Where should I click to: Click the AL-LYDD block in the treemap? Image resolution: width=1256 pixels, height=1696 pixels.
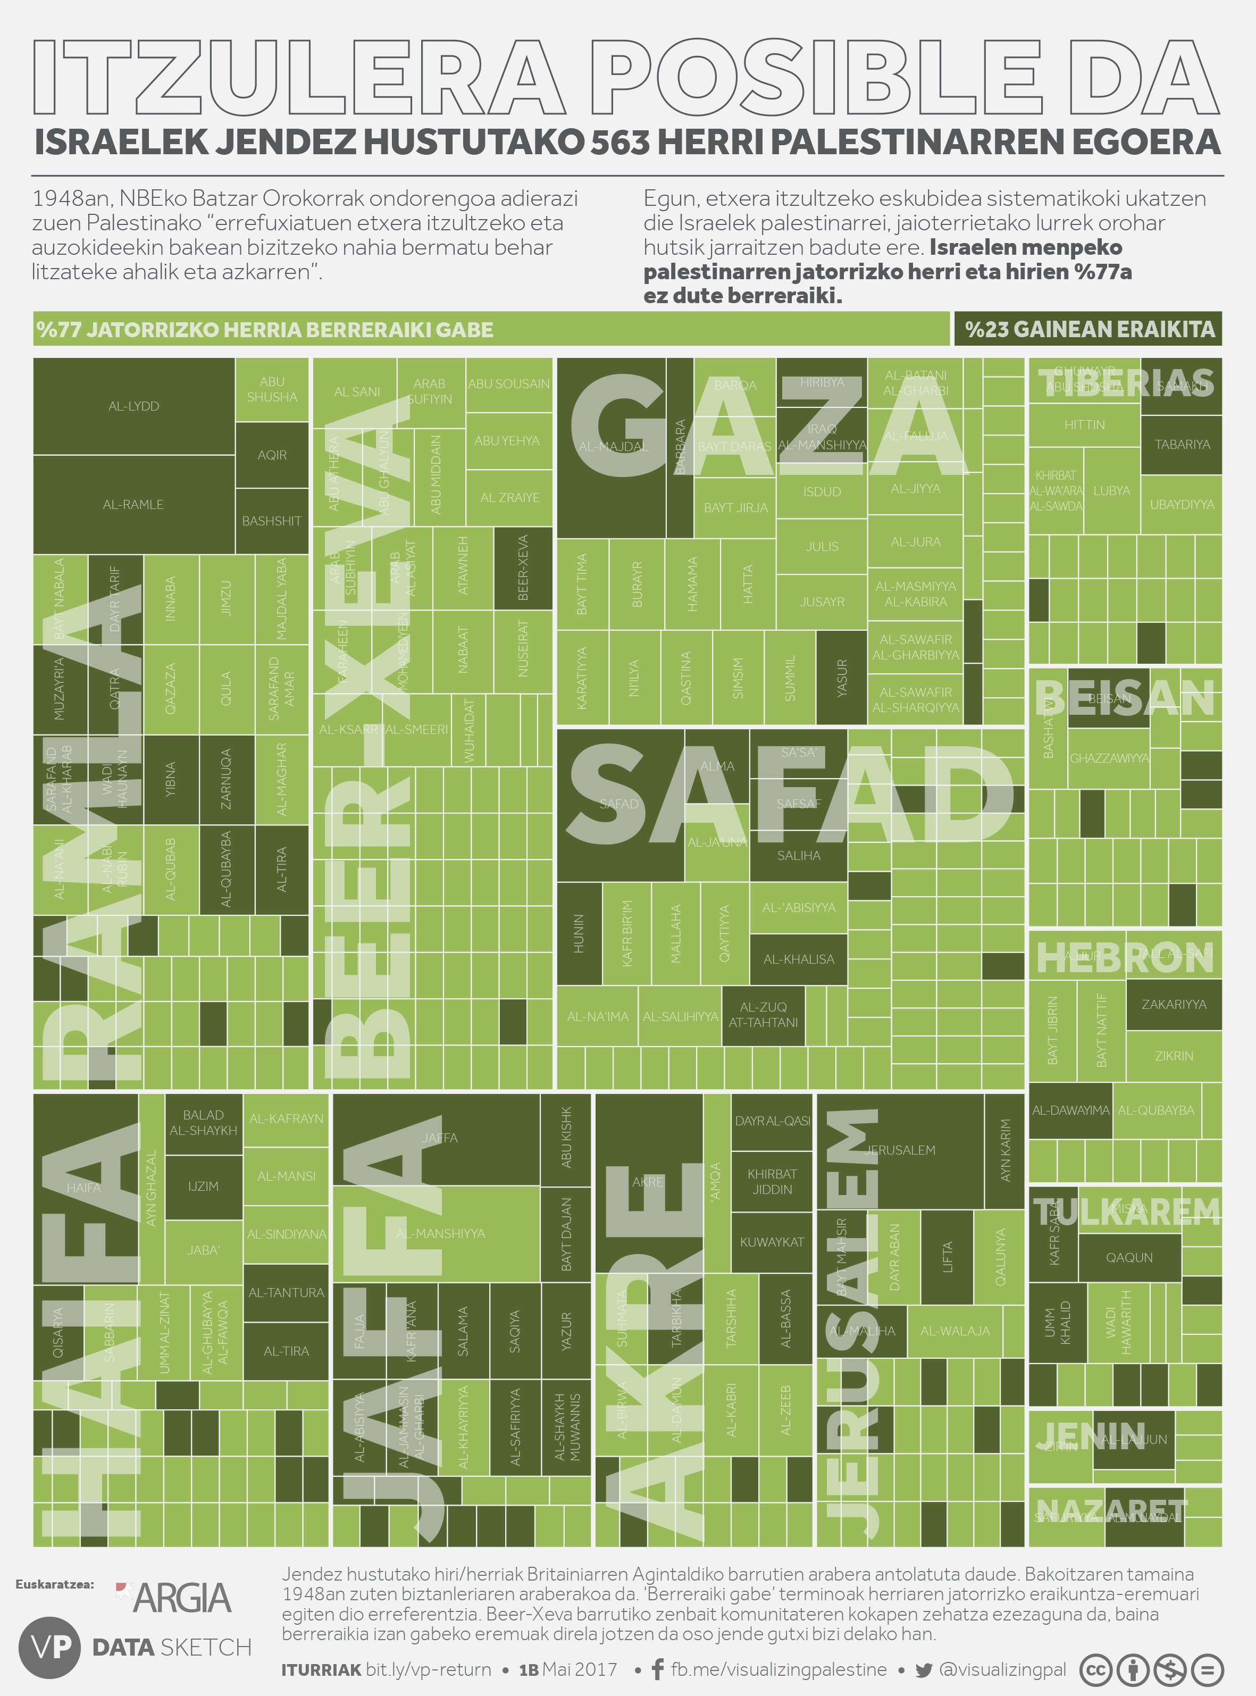134,406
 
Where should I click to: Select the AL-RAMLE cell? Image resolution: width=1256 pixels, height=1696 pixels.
134,504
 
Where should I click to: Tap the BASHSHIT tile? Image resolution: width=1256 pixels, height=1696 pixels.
271,521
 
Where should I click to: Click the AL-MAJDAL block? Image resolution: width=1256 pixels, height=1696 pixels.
613,447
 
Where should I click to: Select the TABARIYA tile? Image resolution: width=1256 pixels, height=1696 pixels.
1182,445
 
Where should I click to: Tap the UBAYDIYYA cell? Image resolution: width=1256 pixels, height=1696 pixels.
1182,504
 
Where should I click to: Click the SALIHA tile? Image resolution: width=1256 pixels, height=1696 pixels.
798,855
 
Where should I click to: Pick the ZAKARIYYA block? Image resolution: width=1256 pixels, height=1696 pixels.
1173,1004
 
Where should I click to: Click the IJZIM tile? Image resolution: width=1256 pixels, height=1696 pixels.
203,1186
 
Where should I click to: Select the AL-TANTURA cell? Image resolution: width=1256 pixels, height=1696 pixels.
286,1292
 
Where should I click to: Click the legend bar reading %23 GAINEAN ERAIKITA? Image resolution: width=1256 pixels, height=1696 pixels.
1088,329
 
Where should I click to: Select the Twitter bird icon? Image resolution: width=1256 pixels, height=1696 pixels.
924,1669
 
